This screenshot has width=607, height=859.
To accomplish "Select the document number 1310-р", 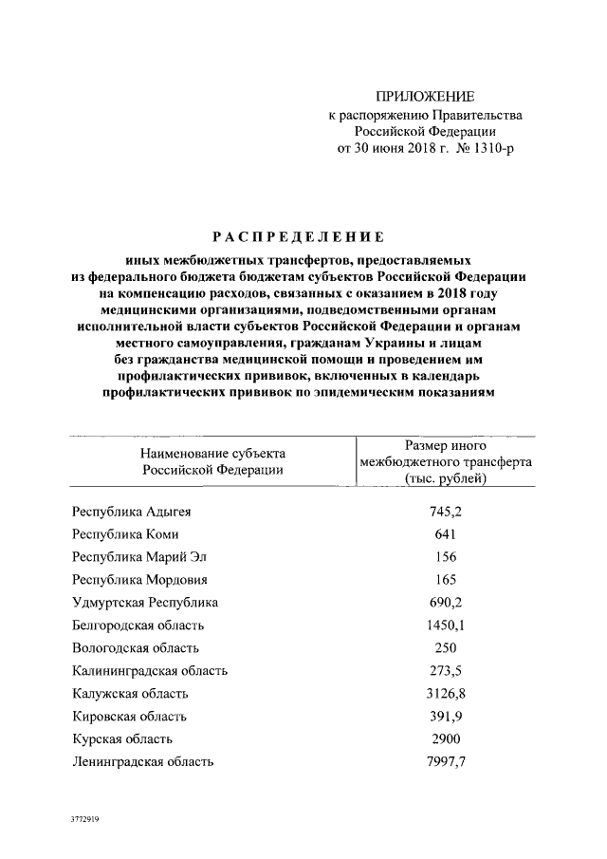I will tap(491, 149).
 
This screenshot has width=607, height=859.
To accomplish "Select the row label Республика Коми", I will tap(119, 534).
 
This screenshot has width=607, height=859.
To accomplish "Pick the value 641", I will tap(445, 534).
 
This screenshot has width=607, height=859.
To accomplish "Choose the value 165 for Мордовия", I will tap(445, 580).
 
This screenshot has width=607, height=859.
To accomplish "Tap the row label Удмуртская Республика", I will tap(145, 603).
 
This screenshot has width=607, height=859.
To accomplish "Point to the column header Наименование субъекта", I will tap(212, 453).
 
